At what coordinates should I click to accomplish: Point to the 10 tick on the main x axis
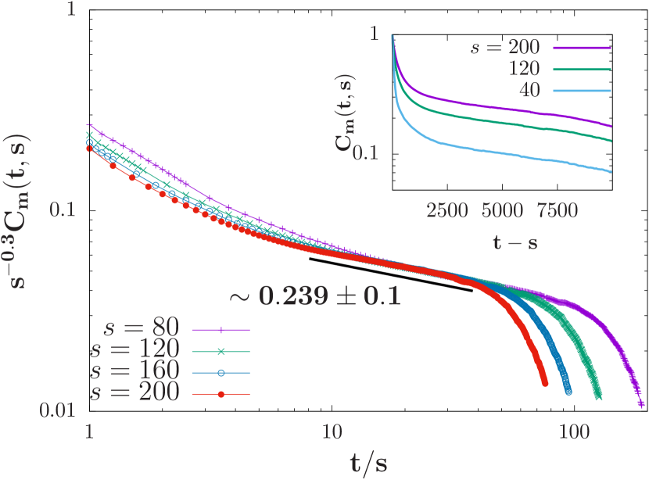coord(332,431)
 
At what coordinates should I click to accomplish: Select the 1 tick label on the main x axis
coord(88,431)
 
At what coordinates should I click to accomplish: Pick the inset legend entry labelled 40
coord(529,91)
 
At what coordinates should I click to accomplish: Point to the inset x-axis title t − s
coord(515,242)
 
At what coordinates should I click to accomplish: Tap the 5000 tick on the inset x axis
coord(502,210)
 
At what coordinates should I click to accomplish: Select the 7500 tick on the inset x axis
coord(558,210)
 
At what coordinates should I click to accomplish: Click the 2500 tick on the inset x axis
coord(447,210)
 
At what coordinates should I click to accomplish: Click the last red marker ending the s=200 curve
coord(544,382)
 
